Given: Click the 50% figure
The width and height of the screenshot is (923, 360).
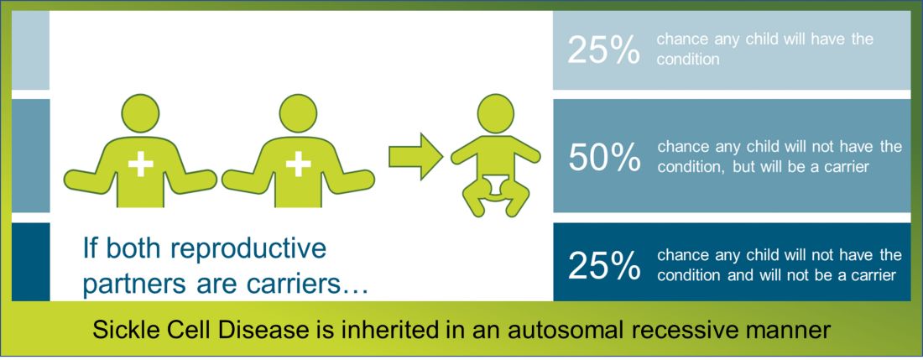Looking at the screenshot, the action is click(x=604, y=158).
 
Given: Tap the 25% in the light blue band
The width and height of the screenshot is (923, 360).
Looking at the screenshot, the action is click(x=604, y=50).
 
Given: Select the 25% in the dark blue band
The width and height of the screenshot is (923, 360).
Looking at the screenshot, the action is click(x=604, y=265).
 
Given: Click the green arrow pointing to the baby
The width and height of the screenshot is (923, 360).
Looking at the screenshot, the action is click(x=415, y=156).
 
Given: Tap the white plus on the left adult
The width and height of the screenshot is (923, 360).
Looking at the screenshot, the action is click(x=141, y=164).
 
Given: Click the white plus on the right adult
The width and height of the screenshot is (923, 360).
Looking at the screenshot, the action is click(x=299, y=164).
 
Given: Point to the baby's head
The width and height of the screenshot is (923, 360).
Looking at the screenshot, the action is click(x=496, y=113).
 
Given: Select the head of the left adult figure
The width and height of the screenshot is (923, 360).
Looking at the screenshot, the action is click(x=141, y=113).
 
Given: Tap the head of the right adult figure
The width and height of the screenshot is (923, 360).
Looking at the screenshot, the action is click(x=299, y=113).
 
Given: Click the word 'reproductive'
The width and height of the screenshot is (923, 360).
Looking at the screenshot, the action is click(x=248, y=249).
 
